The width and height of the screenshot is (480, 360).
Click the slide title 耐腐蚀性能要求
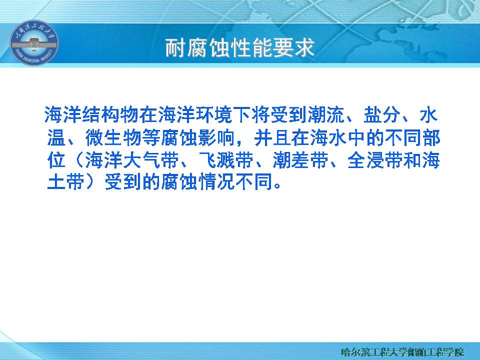239,48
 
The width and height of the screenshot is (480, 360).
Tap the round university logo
34,43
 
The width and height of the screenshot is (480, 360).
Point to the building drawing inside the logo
34,43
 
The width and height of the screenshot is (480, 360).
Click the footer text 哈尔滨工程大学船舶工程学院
402,352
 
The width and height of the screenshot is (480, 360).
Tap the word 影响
216,138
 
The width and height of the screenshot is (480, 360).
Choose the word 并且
273,138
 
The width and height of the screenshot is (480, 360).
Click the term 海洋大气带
132,160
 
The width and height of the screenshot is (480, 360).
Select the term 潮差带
301,160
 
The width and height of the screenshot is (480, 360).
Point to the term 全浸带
376,160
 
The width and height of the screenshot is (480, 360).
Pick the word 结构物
110,115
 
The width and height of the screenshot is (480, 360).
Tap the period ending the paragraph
277,186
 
